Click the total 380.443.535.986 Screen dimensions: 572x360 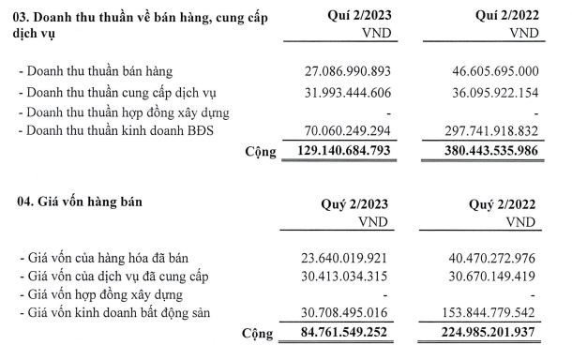pos(485,150)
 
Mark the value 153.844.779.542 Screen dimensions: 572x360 pos(489,313)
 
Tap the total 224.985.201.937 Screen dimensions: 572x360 pos(485,334)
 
